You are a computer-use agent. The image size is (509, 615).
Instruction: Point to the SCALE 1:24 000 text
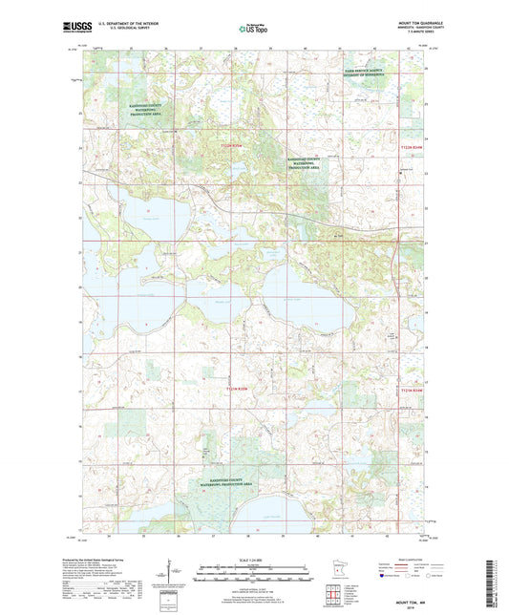coord(254,559)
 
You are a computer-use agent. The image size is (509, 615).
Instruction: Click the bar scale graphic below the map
coord(254,574)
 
